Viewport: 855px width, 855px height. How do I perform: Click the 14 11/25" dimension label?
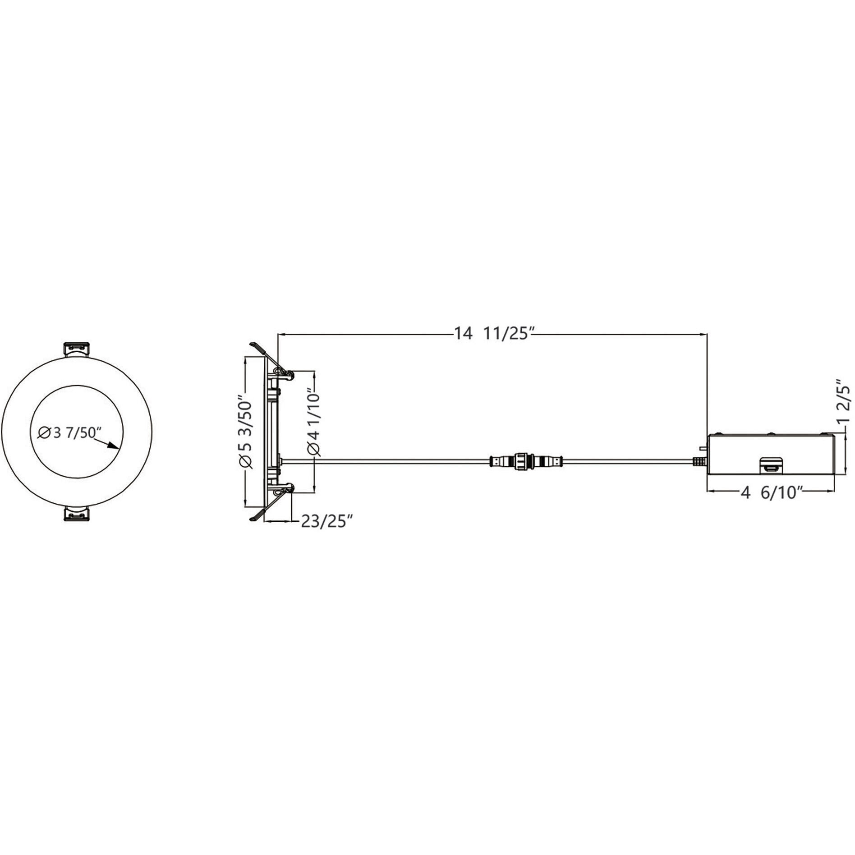[x=494, y=334]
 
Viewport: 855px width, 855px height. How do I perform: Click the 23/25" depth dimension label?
[x=326, y=521]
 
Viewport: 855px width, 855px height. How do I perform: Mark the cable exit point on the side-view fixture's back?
[x=281, y=460]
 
